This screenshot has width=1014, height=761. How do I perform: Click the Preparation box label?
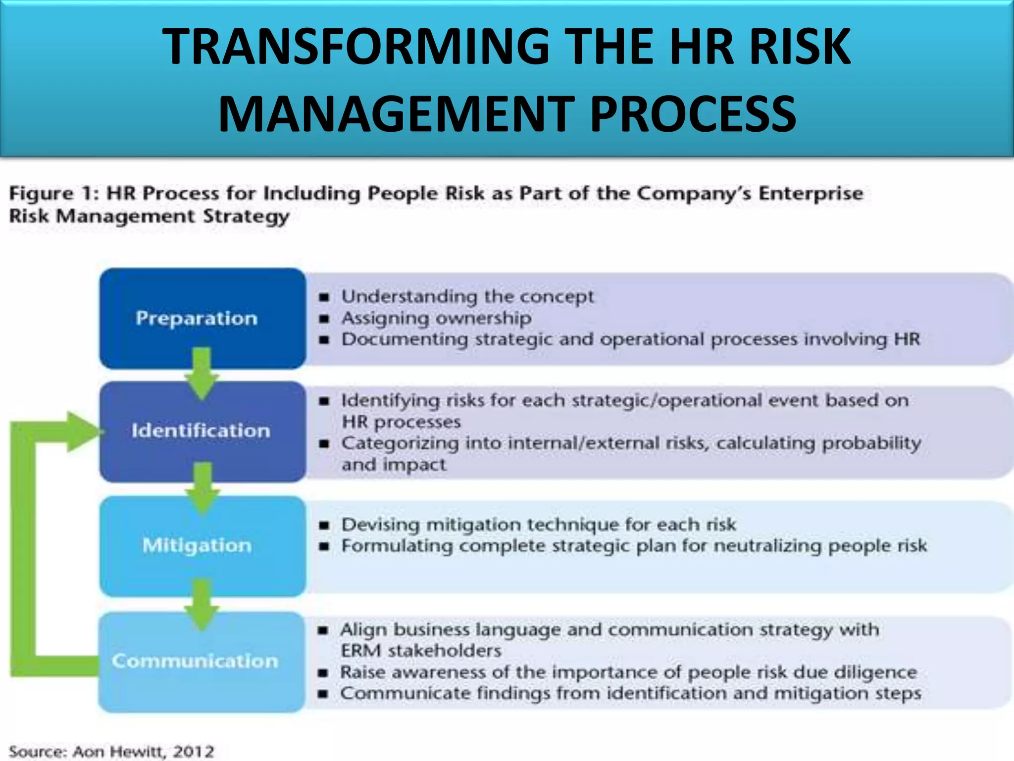coord(197,318)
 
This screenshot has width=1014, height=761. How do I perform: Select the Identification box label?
coord(201,431)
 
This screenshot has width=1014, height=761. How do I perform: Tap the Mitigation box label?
coord(197,545)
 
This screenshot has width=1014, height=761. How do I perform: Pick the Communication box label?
coord(195,661)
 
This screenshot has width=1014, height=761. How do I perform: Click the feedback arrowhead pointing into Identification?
coord(82,432)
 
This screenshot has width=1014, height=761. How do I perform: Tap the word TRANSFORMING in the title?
coord(356,47)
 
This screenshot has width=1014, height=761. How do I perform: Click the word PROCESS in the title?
coord(693,114)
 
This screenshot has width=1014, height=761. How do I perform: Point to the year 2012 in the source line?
coord(194,751)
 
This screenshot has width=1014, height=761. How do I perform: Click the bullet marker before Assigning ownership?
coord(324,319)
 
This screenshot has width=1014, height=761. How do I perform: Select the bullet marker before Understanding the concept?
coord(324,297)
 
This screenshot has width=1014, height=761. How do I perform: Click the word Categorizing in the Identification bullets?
coord(400,443)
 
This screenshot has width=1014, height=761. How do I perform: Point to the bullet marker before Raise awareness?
coord(323,673)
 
